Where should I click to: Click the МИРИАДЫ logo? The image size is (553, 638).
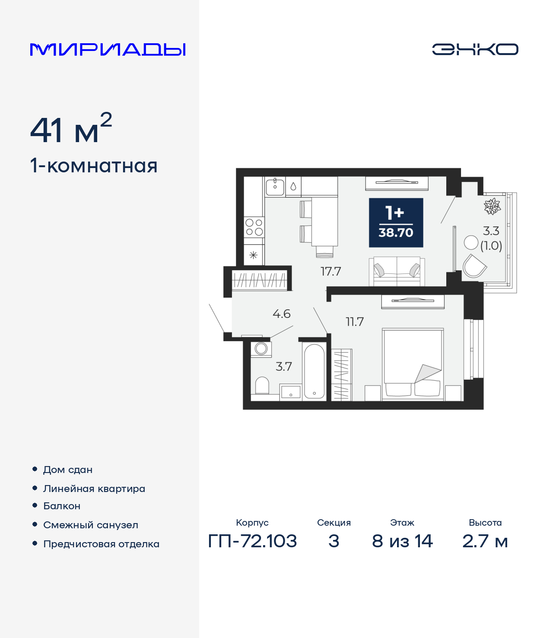click(x=108, y=49)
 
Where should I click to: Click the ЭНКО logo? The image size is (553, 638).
click(x=475, y=49)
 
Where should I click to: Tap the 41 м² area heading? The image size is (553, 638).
click(x=71, y=130)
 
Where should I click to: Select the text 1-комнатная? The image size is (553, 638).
click(x=94, y=166)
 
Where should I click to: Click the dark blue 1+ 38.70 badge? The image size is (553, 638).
click(x=396, y=222)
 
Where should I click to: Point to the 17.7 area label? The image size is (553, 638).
click(x=331, y=271)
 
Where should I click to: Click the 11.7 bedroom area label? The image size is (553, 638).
click(x=354, y=322)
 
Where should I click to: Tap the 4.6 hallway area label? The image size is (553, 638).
click(x=281, y=314)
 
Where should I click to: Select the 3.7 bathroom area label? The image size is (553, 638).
click(x=284, y=366)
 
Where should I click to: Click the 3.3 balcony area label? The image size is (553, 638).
click(x=491, y=231)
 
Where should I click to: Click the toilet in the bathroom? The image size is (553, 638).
click(x=262, y=385)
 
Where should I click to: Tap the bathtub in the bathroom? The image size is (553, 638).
click(x=314, y=371)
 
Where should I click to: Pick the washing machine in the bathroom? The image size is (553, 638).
click(x=261, y=348)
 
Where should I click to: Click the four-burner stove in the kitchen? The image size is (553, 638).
click(x=254, y=227)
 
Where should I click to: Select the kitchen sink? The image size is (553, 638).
click(x=275, y=187)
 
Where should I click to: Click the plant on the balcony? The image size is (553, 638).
click(x=492, y=206)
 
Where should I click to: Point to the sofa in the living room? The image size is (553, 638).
click(x=397, y=271)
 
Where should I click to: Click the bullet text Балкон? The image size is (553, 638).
click(x=62, y=506)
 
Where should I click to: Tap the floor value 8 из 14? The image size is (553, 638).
click(x=402, y=541)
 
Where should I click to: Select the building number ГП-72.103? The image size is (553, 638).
click(x=252, y=541)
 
